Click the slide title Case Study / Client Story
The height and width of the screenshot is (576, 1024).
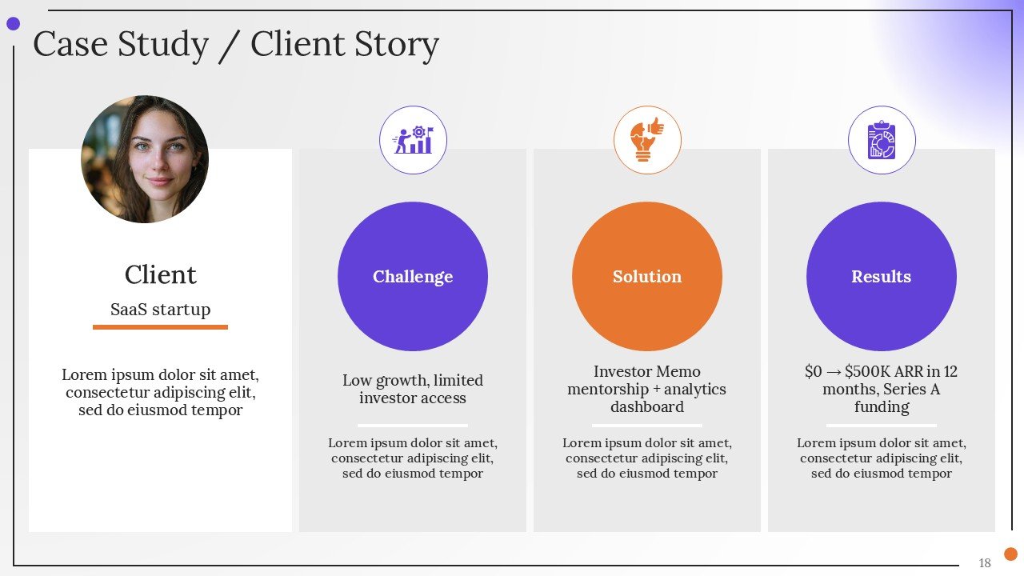pos(235,45)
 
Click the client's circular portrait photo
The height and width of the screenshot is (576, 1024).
pos(145,159)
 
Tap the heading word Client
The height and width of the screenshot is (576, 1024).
pos(160,274)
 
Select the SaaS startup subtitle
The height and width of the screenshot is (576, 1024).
pos(160,310)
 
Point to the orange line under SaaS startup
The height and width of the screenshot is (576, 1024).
pos(160,326)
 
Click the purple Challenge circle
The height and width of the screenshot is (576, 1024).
pos(413,276)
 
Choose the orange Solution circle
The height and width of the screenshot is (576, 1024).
pos(646,276)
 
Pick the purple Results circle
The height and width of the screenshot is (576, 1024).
pos(881,276)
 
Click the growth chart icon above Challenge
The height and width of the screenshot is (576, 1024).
pos(413,141)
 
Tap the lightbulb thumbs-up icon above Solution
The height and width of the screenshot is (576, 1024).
pos(646,140)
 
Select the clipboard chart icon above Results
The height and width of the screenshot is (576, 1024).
pos(882,141)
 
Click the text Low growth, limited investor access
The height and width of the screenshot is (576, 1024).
pos(413,389)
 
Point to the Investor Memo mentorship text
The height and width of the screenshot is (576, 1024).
pos(646,389)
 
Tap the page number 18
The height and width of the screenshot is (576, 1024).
pos(985,563)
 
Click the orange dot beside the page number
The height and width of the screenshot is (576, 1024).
pos(1011,554)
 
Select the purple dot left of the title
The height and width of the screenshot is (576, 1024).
pos(13,24)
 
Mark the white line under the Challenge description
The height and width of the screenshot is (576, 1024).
pos(413,425)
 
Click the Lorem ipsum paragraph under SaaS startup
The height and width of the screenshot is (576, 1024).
pos(160,392)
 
